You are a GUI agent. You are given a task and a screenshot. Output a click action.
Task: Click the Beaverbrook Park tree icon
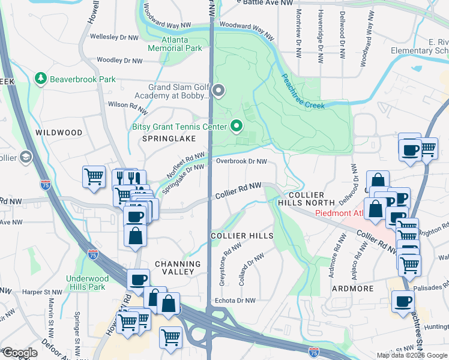pos(40,79)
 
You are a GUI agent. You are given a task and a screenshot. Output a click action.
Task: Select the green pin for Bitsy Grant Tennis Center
pos(236,126)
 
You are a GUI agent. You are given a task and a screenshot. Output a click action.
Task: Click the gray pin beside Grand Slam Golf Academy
pos(218,91)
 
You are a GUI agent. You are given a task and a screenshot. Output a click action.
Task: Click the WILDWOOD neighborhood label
pos(58,132)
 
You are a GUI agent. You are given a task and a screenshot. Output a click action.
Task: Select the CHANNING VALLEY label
pos(178,268)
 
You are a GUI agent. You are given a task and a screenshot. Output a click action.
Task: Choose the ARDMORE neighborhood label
pos(353,289)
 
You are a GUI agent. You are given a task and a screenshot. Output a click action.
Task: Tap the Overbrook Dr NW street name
pos(241,161)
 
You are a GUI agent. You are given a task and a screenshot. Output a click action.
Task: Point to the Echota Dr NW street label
pos(235,301)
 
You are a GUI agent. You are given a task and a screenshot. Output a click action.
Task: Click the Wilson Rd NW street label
pos(127,104)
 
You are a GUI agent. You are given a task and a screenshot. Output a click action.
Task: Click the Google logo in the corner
pos(19,353)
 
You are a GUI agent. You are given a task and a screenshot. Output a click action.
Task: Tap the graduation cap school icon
pos(25,157)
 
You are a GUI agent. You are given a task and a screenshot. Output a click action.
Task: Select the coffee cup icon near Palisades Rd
pos(403,301)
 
